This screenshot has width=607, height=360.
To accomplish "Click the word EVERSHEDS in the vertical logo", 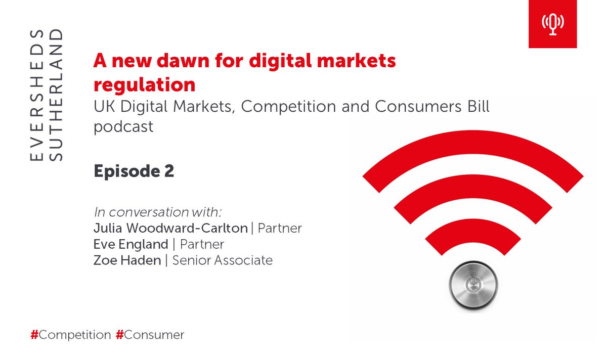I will click(36, 96).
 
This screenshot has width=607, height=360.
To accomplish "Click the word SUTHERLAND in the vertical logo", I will click(58, 96).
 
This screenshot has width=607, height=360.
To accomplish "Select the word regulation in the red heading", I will click(145, 84).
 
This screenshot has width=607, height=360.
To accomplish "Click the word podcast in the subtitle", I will click(123, 126).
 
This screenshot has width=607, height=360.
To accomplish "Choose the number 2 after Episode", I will click(169, 171).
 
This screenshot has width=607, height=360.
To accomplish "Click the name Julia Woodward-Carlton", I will click(170, 228).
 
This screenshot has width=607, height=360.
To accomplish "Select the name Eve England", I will click(131, 244).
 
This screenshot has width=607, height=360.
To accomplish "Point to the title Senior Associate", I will click(223, 260).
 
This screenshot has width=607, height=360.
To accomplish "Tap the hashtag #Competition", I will click(71, 335).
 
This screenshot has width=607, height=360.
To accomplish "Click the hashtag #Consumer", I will click(150, 335).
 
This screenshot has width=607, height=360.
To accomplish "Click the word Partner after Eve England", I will click(202, 244).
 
